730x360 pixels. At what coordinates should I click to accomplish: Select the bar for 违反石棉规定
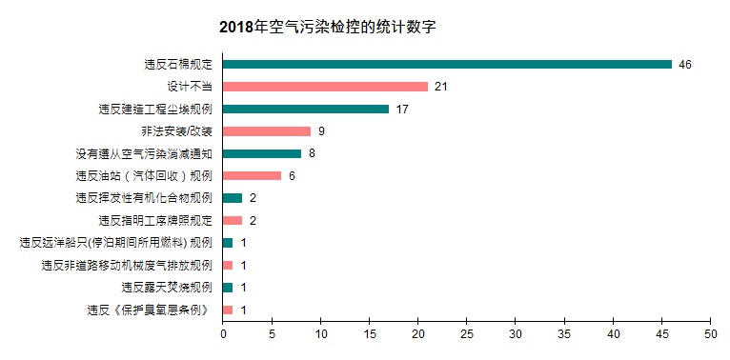click(447, 64)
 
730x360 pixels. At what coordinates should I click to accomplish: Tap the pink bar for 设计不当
click(325, 87)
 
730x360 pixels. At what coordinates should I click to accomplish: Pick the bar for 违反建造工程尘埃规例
click(306, 109)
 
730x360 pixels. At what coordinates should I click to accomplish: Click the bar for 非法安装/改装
click(267, 131)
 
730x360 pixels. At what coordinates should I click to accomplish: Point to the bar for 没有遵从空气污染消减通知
click(262, 153)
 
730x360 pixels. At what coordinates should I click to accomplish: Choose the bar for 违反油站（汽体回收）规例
click(253, 175)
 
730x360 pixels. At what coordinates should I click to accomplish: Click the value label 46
click(685, 64)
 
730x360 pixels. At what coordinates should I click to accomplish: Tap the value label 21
click(441, 87)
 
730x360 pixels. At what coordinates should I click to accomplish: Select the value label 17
click(402, 109)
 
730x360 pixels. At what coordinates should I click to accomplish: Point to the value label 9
click(322, 131)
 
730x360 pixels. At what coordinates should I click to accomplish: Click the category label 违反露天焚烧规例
click(167, 287)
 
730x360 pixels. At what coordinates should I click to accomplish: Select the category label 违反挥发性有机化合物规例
click(144, 198)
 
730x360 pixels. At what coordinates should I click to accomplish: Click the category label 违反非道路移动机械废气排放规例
click(128, 265)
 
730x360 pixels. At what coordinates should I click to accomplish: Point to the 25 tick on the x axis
click(467, 335)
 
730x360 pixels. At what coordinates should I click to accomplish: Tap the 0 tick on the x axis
click(223, 335)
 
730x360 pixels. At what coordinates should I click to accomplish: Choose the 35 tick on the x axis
click(564, 335)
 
